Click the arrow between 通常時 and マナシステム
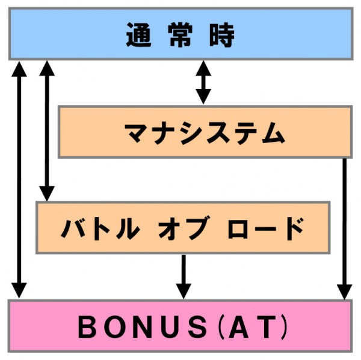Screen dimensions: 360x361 204,82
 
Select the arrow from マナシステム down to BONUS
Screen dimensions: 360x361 344,228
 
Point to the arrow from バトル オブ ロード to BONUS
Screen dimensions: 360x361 183,276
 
